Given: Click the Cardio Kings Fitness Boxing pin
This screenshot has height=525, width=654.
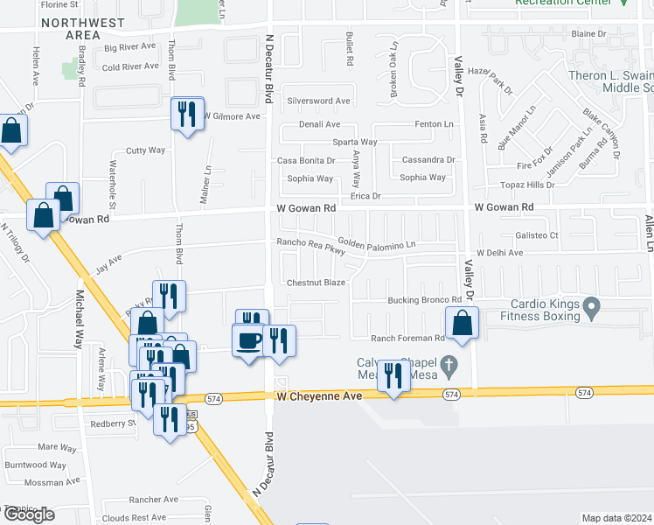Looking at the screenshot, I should click(x=592, y=307).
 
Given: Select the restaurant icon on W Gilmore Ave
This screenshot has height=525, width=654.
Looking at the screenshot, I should click(x=188, y=114).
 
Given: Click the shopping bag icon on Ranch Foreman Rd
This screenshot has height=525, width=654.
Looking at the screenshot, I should click(x=461, y=323).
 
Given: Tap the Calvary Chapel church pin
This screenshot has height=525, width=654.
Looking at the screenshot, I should click(x=449, y=363).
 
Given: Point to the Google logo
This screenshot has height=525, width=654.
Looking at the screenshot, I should click(x=28, y=514).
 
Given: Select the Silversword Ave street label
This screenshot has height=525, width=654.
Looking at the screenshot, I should click(x=318, y=101).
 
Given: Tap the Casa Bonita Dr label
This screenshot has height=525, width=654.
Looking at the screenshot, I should click(x=306, y=161).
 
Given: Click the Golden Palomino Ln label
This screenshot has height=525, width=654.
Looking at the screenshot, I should click(x=376, y=244).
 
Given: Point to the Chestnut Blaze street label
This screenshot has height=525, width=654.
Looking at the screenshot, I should click(x=317, y=283).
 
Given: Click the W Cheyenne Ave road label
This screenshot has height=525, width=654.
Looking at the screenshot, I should click(x=319, y=396).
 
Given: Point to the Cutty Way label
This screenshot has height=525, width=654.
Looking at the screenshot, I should click(x=145, y=150).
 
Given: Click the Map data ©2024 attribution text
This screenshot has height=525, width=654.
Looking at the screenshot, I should click(x=616, y=518).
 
